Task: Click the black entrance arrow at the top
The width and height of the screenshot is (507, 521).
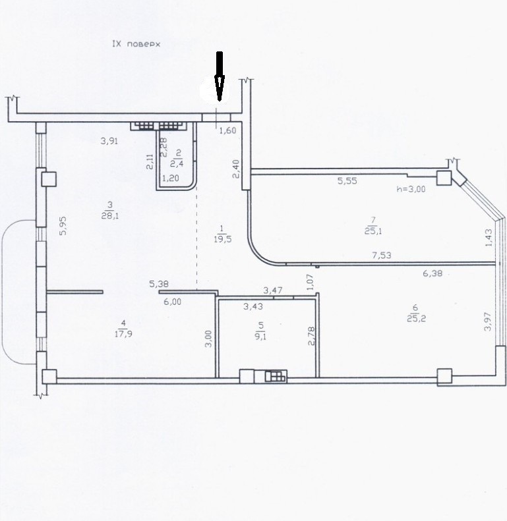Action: (220, 76)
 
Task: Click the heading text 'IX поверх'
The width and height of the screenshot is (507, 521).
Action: (136, 44)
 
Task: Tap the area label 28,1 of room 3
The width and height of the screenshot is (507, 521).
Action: (110, 216)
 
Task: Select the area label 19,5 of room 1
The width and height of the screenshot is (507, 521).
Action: (223, 239)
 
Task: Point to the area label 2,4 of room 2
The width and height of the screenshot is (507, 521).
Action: (176, 163)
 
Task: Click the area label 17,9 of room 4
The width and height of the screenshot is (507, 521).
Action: (123, 333)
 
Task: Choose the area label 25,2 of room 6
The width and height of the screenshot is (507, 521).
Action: (416, 319)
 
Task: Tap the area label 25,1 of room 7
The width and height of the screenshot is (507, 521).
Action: (373, 231)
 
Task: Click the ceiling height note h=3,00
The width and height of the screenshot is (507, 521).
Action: (411, 189)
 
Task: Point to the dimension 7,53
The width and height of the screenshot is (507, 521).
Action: (382, 255)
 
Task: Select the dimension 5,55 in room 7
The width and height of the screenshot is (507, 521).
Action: (347, 180)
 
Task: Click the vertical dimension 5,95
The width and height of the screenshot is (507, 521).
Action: (63, 226)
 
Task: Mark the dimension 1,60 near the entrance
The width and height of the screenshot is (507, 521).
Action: (228, 130)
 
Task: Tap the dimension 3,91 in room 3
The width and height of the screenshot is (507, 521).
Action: (109, 141)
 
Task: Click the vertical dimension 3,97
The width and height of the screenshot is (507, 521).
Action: (488, 321)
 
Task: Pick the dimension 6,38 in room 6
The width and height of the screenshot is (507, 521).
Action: (432, 273)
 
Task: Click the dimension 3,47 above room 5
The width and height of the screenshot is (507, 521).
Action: (273, 290)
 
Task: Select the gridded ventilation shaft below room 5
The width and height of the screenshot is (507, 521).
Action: (276, 376)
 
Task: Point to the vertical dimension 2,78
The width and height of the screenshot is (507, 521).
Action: (311, 336)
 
